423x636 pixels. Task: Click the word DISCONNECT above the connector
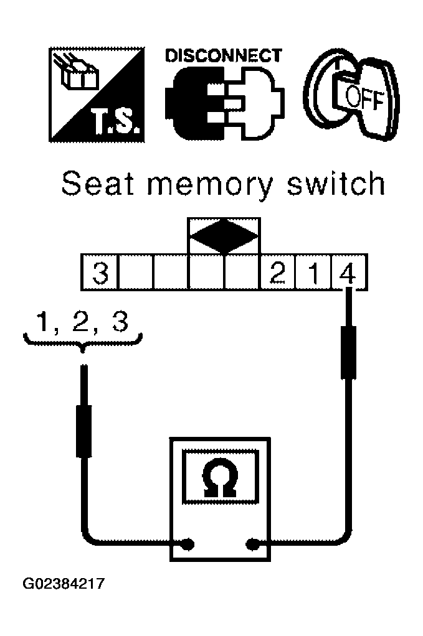click(x=223, y=55)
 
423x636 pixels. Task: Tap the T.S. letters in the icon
click(x=116, y=123)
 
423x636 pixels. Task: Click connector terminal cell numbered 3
click(x=100, y=272)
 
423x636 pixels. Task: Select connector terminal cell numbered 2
click(x=277, y=272)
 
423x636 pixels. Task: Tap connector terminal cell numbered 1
click(x=313, y=272)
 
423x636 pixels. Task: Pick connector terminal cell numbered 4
click(x=349, y=272)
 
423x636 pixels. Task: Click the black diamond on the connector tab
click(x=224, y=236)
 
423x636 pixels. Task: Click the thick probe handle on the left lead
click(x=83, y=431)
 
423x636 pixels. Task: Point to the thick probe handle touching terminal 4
click(x=349, y=352)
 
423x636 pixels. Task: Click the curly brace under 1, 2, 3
click(x=83, y=341)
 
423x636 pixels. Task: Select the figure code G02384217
click(x=64, y=584)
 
